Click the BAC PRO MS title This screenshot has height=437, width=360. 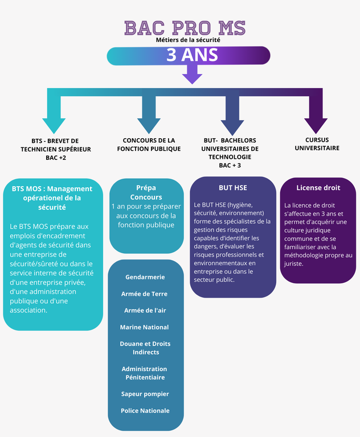click(185, 27)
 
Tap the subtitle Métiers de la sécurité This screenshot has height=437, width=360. click(188, 40)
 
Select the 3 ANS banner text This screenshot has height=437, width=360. click(193, 55)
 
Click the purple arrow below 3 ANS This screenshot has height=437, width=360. click(193, 74)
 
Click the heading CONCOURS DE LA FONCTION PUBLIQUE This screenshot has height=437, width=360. click(149, 145)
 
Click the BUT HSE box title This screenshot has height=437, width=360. click(233, 187)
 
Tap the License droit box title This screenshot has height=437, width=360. click(318, 187)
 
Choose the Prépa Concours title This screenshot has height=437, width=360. click(146, 192)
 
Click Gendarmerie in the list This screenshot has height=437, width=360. click(145, 277)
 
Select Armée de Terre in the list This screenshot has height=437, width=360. click(145, 294)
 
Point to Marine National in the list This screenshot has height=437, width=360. click(144, 327)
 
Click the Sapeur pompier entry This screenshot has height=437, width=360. click(145, 394)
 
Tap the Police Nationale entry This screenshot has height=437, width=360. click(145, 410)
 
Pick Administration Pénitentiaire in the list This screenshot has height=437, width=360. click(145, 373)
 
